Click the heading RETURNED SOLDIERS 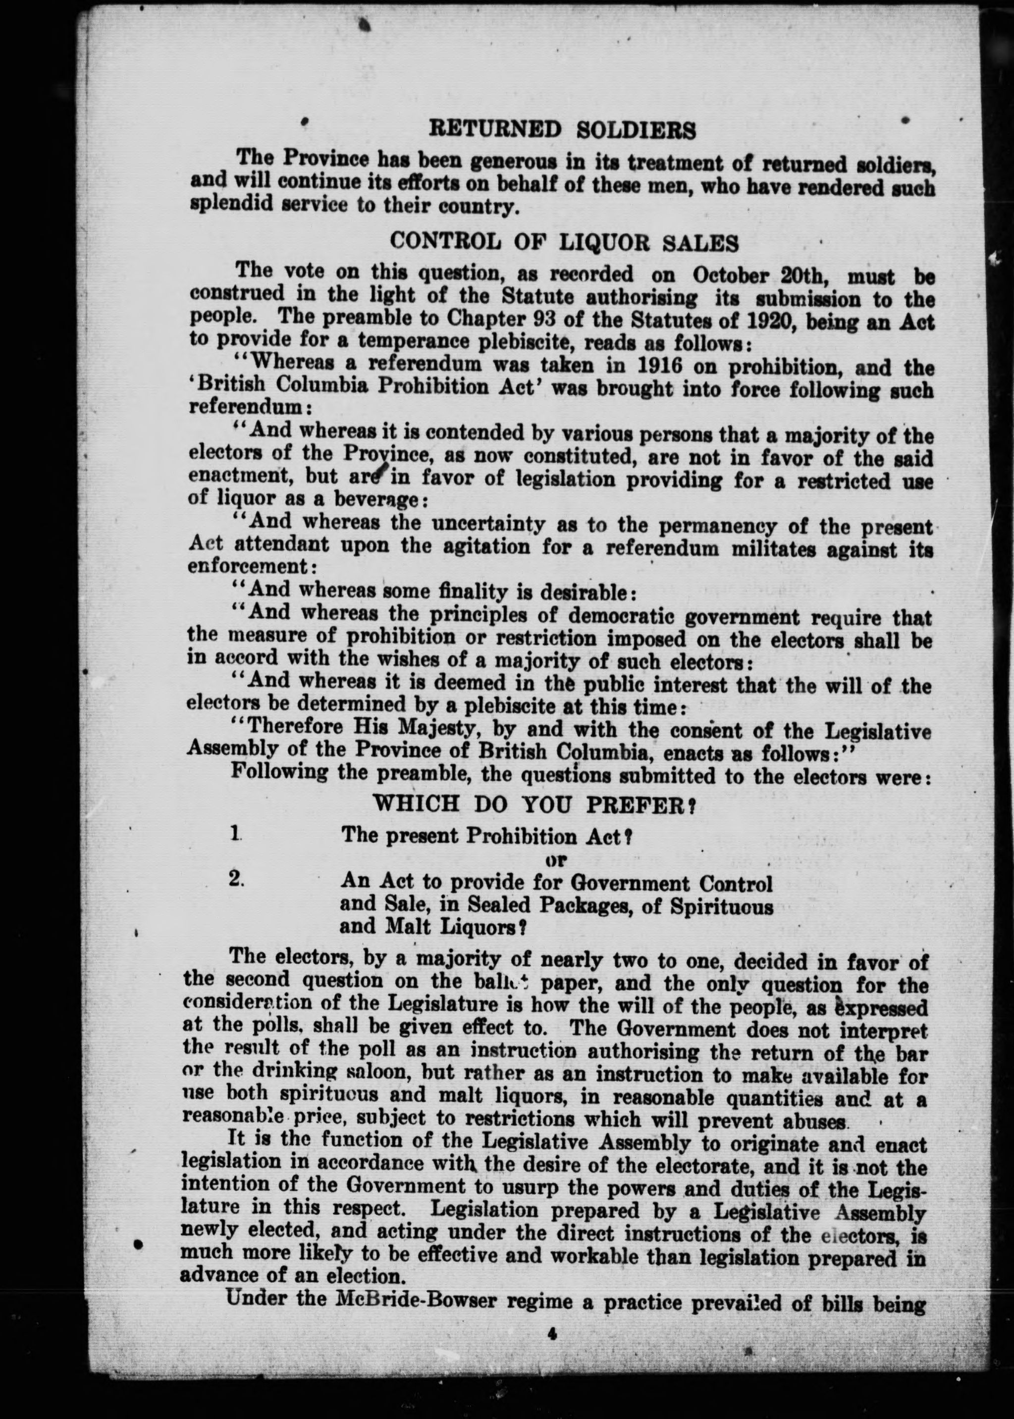[562, 130]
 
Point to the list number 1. [235, 834]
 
